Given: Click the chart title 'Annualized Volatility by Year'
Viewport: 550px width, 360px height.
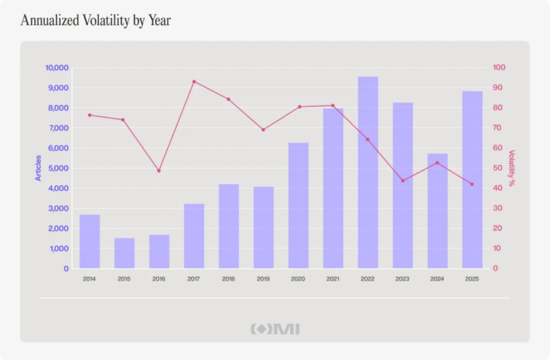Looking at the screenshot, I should [x=95, y=21].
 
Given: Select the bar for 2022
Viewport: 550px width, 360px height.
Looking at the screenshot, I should [x=368, y=172].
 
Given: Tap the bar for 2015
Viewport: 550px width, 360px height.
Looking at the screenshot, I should [x=125, y=253].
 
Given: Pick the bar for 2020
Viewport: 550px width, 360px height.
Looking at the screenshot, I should [x=299, y=205].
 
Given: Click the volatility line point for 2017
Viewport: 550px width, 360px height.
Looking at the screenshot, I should [x=194, y=82].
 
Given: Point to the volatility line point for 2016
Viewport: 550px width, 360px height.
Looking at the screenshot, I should [x=159, y=170].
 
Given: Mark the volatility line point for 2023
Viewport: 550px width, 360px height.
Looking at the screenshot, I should [x=402, y=180].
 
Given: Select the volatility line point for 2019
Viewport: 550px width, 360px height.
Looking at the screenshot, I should [x=263, y=130].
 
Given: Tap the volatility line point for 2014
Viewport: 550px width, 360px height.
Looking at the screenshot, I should [x=90, y=115].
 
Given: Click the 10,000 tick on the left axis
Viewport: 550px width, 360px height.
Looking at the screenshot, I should [x=57, y=68].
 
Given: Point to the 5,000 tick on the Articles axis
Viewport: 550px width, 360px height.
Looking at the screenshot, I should [x=59, y=168].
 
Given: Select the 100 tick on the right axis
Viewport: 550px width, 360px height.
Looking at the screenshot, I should [x=499, y=68].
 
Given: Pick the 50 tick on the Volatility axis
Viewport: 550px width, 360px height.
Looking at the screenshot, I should [x=497, y=168].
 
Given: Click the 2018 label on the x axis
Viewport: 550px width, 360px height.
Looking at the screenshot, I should [x=228, y=279].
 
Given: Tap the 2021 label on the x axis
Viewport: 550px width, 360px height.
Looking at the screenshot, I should [x=333, y=279].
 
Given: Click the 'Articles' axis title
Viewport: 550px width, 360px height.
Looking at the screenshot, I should [x=38, y=168].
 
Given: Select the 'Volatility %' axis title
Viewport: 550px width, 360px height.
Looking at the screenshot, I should [x=511, y=168].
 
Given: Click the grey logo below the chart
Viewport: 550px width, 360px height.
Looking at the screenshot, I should [x=275, y=329].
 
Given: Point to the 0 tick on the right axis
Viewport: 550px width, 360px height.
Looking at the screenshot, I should [x=495, y=268].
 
